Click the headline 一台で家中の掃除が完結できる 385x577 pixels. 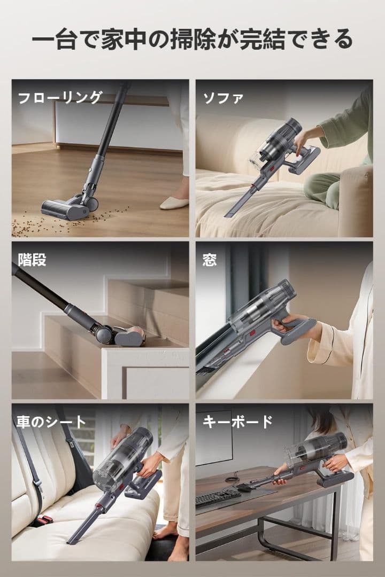pos(192,40)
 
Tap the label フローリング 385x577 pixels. pos(60,98)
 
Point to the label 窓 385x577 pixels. pos(210,260)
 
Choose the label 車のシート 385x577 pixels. pos(51,422)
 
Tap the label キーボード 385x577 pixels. pos(237,422)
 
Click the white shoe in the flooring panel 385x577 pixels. pos(174,202)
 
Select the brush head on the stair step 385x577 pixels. pos(128,337)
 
